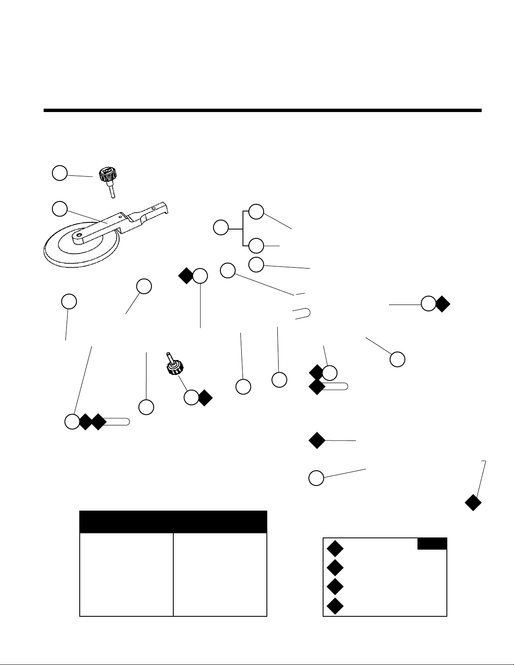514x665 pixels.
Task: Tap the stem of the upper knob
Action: tap(112, 191)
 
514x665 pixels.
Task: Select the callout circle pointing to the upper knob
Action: tap(60, 173)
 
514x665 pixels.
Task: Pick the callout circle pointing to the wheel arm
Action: tap(60, 209)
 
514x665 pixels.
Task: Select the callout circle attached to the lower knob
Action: tap(191, 397)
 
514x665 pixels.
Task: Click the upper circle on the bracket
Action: tap(256, 212)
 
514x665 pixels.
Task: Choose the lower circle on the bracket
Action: tap(256, 245)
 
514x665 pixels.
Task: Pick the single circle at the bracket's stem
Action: tap(221, 228)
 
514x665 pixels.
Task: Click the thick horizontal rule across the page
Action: tap(262, 111)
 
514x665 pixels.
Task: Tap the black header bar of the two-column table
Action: tap(173, 522)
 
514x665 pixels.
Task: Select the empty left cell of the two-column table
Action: tap(126, 574)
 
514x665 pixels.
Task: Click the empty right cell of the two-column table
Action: tap(220, 574)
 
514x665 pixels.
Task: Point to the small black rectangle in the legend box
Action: tap(432, 544)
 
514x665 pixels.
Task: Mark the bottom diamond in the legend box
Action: tap(334, 606)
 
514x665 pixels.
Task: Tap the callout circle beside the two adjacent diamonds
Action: tap(72, 422)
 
